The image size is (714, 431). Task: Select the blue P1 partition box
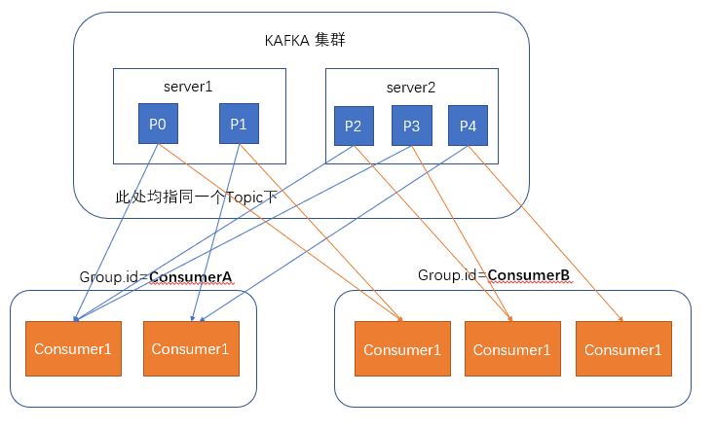pyautogui.click(x=239, y=125)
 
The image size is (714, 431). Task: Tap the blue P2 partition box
pyautogui.click(x=353, y=126)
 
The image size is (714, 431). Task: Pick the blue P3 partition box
pyautogui.click(x=411, y=126)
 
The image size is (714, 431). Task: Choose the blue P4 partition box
pyautogui.click(x=468, y=126)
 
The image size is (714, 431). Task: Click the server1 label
pyautogui.click(x=187, y=87)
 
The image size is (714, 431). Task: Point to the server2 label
pyautogui.click(x=410, y=88)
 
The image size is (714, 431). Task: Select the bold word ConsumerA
pyautogui.click(x=192, y=277)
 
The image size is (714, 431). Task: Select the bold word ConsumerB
pyautogui.click(x=529, y=275)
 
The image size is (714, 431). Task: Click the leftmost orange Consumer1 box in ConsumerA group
pyautogui.click(x=74, y=349)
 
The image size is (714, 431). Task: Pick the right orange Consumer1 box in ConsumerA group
pyautogui.click(x=191, y=349)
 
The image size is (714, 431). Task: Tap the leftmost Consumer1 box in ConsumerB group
pyautogui.click(x=403, y=350)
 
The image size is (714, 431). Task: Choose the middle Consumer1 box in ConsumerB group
pyautogui.click(x=512, y=350)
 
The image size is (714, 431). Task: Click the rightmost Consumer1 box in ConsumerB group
pyautogui.click(x=623, y=350)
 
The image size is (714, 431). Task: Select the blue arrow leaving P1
pyautogui.click(x=216, y=233)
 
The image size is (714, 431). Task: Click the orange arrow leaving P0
pyautogui.click(x=282, y=233)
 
